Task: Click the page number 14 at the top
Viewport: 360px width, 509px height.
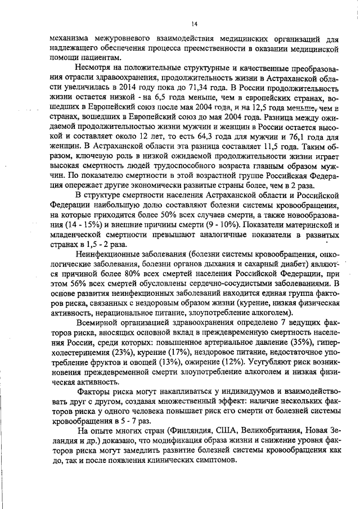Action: coord(194,23)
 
